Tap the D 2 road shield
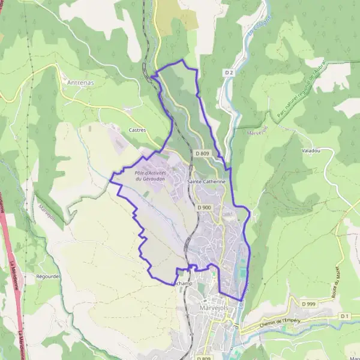click(x=229, y=73)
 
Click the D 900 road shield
click(x=204, y=208)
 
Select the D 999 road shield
click(x=308, y=304)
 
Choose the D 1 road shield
click(x=344, y=316)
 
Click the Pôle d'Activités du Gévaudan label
click(x=150, y=176)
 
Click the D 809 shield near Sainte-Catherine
click(x=201, y=154)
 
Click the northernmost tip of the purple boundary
click(x=182, y=61)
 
